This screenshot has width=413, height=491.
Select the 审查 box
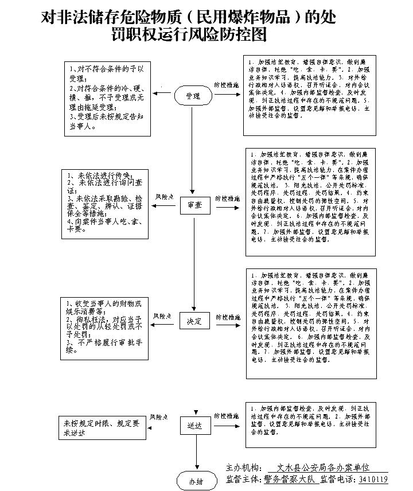[194, 204]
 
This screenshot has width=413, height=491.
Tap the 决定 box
[194, 321]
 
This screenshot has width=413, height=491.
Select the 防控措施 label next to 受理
[226, 85]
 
